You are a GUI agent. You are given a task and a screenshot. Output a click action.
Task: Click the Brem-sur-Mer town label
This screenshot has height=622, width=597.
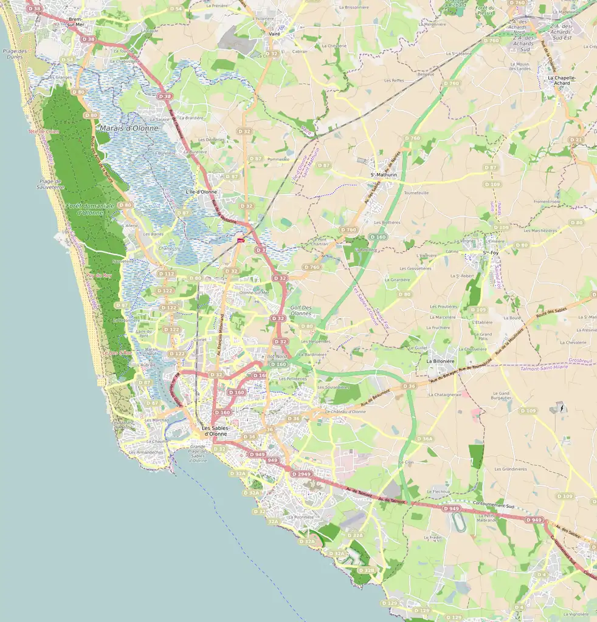75,22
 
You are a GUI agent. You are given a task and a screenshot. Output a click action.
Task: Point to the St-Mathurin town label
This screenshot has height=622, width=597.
384,175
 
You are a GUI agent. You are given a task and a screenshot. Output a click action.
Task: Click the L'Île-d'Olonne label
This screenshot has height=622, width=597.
201,192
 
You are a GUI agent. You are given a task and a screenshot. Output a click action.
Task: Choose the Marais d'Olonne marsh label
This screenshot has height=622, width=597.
128,128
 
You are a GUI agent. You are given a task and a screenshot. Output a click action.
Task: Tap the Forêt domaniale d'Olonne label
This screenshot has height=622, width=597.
90,210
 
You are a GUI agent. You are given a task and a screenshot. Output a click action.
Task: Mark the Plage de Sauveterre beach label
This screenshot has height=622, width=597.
51,184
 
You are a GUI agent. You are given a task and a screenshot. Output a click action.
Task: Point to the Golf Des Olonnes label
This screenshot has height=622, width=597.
301,311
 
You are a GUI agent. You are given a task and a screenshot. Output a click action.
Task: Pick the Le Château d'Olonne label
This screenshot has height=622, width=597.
345,412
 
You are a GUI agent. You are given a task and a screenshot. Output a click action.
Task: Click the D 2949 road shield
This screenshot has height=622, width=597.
301,474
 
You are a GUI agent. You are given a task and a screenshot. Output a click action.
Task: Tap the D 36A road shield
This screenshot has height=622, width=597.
425,439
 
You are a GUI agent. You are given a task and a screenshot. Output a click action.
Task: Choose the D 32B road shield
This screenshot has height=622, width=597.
367,570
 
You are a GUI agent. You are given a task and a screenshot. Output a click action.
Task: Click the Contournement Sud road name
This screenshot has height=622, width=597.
493,505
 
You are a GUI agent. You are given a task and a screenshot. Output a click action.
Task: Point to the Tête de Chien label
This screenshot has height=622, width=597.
44,131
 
